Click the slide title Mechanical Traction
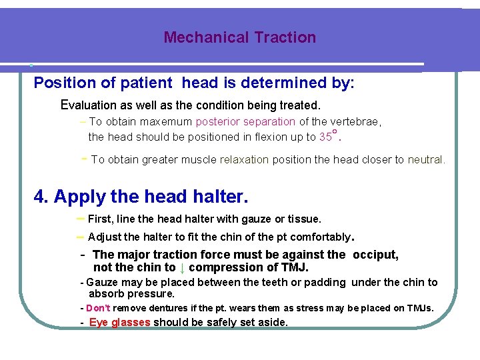pyautogui.click(x=239, y=37)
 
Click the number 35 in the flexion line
pyautogui.click(x=325, y=137)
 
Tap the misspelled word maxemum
pyautogui.click(x=167, y=122)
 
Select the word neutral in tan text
pyautogui.click(x=425, y=160)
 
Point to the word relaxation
pyautogui.click(x=244, y=160)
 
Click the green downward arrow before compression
pyautogui.click(x=182, y=267)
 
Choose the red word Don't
pyautogui.click(x=98, y=308)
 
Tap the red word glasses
pyautogui.click(x=131, y=322)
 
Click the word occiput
pyautogui.click(x=375, y=254)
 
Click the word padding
pyautogui.click(x=324, y=283)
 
